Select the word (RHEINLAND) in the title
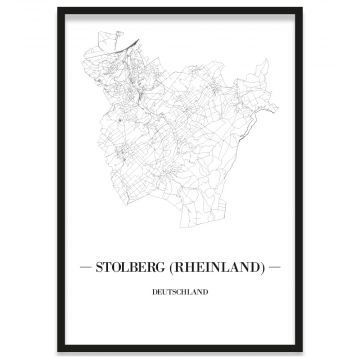(x=221, y=269)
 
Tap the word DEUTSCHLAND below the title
(x=180, y=292)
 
